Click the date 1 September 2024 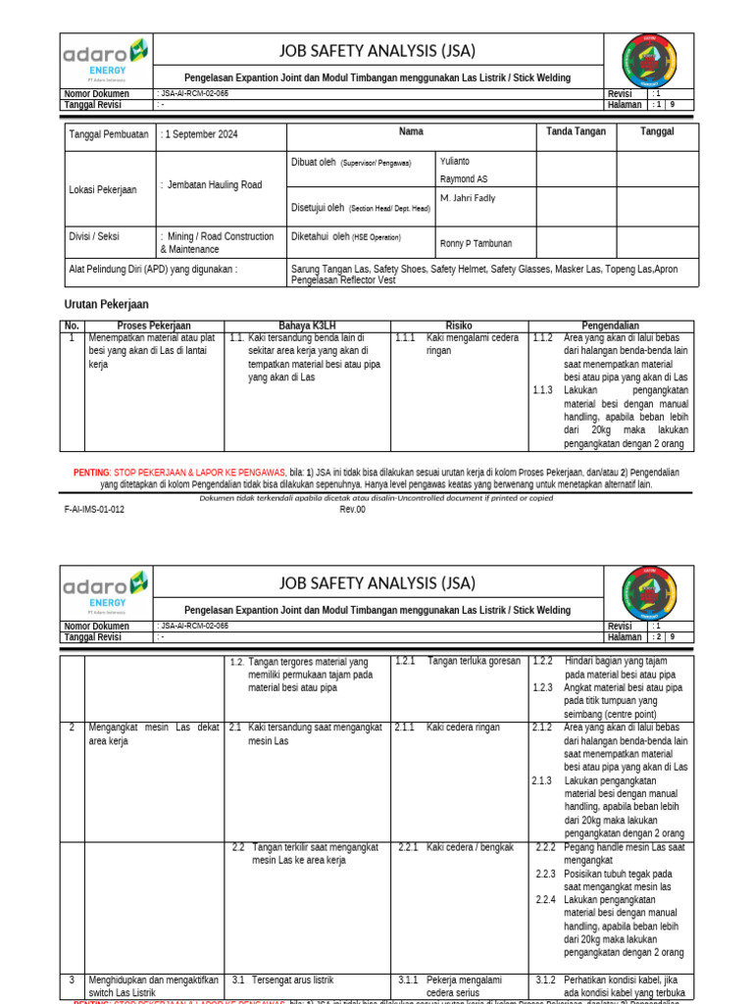(202, 134)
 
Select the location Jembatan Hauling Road (215, 184)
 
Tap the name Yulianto (455, 161)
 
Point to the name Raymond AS (464, 179)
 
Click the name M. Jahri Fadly (468, 198)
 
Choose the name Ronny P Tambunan (476, 243)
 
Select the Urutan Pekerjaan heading (106, 305)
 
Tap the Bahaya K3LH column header (307, 326)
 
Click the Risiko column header (459, 326)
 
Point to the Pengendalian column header (612, 326)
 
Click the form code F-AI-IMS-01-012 (94, 509)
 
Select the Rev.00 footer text (353, 509)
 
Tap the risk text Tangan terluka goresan (474, 662)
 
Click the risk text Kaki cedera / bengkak (470, 847)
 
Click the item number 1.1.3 (542, 390)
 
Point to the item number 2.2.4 (546, 899)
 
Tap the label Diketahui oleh (321, 235)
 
